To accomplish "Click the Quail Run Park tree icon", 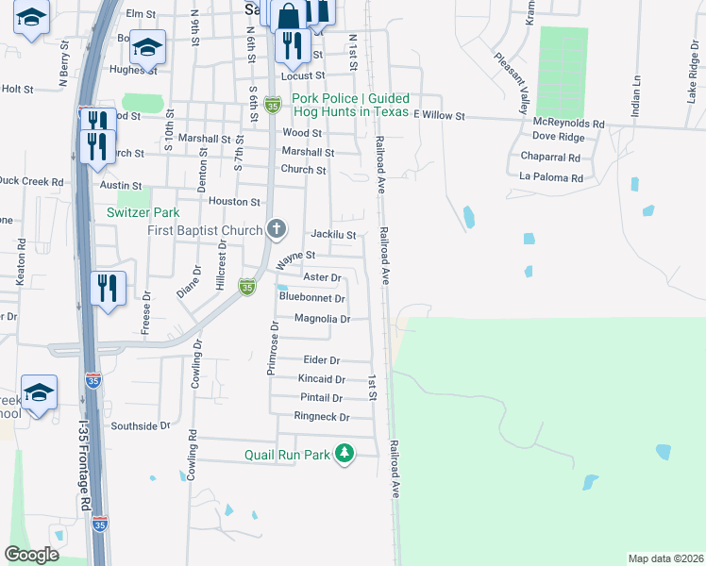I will tap(345, 454).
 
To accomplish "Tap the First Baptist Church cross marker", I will tap(276, 228).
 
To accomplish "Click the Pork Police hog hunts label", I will tap(351, 105).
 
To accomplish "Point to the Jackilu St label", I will tap(333, 235).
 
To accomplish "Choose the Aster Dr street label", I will tap(322, 277).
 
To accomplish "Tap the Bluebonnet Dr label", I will tap(312, 298).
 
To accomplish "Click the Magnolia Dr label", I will tap(323, 319).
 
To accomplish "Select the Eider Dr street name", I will tap(322, 360).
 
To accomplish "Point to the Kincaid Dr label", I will tap(321, 379).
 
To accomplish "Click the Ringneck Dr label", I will tap(322, 417).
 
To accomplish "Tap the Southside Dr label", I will tap(141, 425).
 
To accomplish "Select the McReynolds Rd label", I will tap(568, 123).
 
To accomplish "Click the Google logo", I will tap(32, 554).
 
